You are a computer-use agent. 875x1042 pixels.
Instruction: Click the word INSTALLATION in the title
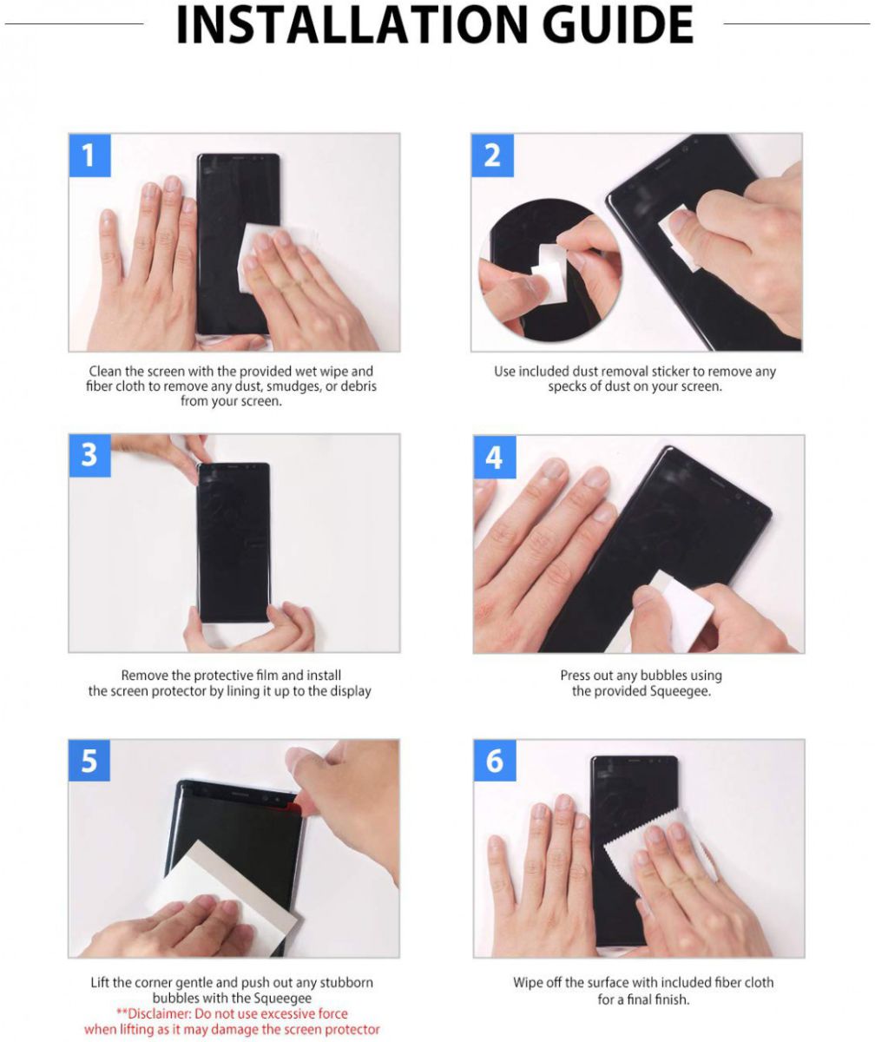click(x=352, y=25)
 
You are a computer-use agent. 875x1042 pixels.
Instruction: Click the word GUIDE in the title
click(x=618, y=25)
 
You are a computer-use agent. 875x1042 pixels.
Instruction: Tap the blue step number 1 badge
click(x=89, y=155)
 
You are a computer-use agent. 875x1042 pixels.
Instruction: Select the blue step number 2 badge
click(x=492, y=155)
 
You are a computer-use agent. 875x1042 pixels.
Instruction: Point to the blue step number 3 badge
click(x=89, y=455)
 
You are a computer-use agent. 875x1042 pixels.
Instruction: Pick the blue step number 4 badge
click(x=494, y=457)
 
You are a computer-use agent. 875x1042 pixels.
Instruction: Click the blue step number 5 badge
click(x=89, y=761)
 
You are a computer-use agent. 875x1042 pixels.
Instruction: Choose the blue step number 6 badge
click(x=495, y=761)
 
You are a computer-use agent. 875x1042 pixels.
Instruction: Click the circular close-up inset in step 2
click(x=550, y=269)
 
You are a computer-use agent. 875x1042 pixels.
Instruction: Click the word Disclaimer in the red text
click(x=159, y=1013)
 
